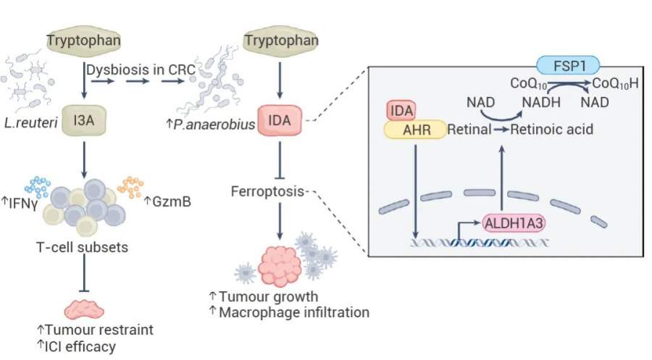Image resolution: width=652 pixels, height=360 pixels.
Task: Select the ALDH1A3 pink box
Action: point(511,222)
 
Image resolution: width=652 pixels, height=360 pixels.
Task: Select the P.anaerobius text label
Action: point(210,125)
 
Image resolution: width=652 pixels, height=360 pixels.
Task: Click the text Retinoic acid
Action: point(553,130)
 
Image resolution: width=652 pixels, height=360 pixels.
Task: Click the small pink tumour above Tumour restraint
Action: point(85,307)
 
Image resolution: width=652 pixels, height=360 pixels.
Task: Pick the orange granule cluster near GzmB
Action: point(131,186)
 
